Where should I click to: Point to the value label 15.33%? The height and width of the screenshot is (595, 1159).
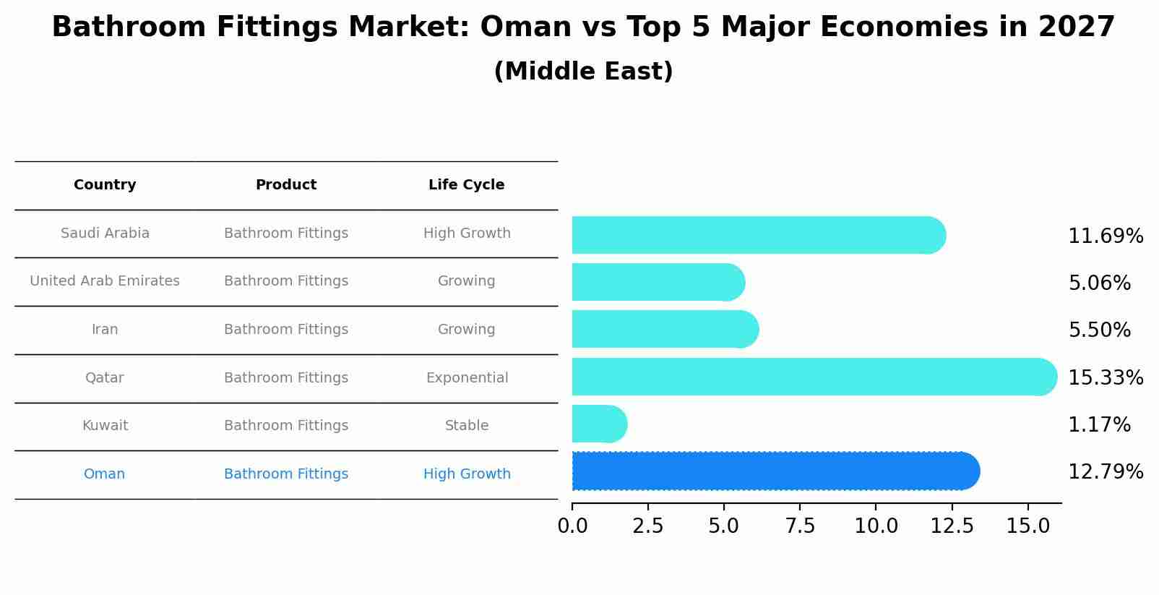[1105, 377]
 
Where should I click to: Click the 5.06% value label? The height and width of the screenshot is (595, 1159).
[1099, 283]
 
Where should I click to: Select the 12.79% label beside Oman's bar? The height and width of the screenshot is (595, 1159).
[1105, 472]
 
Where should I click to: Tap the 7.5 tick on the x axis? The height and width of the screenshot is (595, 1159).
[800, 526]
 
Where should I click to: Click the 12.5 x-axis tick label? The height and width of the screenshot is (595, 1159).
[952, 526]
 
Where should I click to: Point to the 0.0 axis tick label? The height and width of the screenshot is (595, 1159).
[572, 526]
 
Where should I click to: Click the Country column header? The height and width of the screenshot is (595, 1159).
[105, 185]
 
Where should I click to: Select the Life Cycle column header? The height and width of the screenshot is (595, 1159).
[466, 185]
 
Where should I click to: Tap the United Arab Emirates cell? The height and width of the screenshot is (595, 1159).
[105, 281]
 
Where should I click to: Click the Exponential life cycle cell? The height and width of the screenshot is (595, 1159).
[467, 378]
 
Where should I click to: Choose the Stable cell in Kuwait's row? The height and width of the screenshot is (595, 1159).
[467, 426]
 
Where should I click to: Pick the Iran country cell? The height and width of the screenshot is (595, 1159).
[105, 330]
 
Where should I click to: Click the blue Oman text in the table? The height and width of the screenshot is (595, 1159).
[105, 474]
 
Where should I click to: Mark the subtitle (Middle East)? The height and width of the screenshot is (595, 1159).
[583, 72]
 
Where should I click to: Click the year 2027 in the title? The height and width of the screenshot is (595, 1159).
[1076, 27]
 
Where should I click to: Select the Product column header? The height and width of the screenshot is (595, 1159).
[286, 185]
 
